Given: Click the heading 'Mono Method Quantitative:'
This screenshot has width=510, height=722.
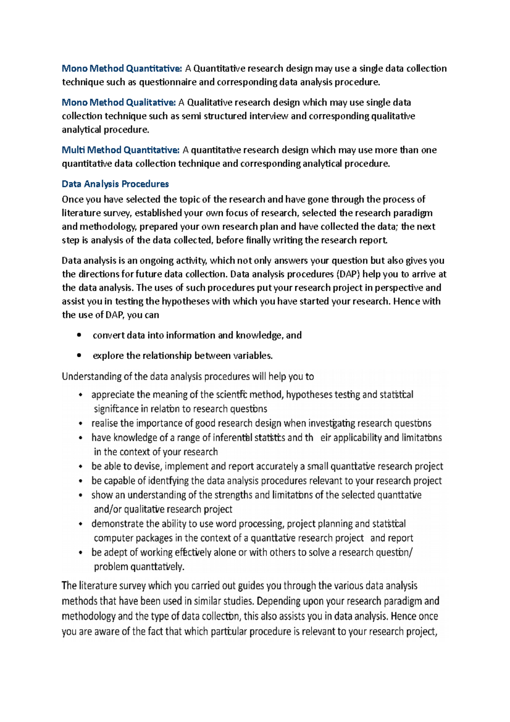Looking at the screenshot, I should click(122, 68).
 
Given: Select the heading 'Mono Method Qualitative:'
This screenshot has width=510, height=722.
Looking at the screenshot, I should click(119, 102).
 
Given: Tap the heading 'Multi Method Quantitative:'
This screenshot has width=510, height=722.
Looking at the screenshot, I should click(121, 150).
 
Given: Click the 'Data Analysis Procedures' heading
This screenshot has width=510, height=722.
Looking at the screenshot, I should click(115, 184).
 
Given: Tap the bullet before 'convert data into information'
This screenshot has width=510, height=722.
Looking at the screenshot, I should click(79, 335).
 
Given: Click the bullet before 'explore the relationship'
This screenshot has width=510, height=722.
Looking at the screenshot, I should click(79, 355).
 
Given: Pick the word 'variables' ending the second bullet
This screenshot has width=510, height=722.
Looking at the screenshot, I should click(253, 355).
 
